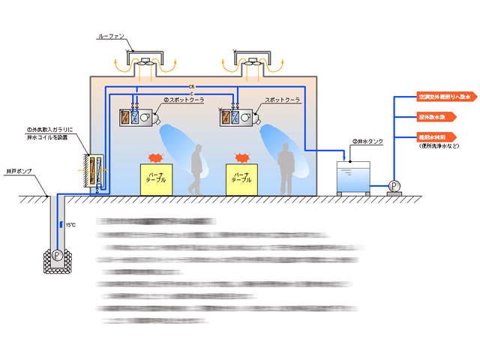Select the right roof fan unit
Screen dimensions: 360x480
click(x=251, y=62)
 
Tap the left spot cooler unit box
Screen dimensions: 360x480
click(x=136, y=117)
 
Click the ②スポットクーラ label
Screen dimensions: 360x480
click(x=184, y=100)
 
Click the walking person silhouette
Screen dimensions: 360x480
click(x=197, y=169)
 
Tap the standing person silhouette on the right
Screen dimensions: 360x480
click(x=285, y=172)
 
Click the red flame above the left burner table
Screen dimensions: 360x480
click(x=157, y=157)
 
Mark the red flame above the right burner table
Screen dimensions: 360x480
click(x=241, y=157)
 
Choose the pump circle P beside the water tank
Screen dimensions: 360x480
click(x=394, y=185)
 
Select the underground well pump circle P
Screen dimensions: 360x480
click(x=56, y=254)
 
